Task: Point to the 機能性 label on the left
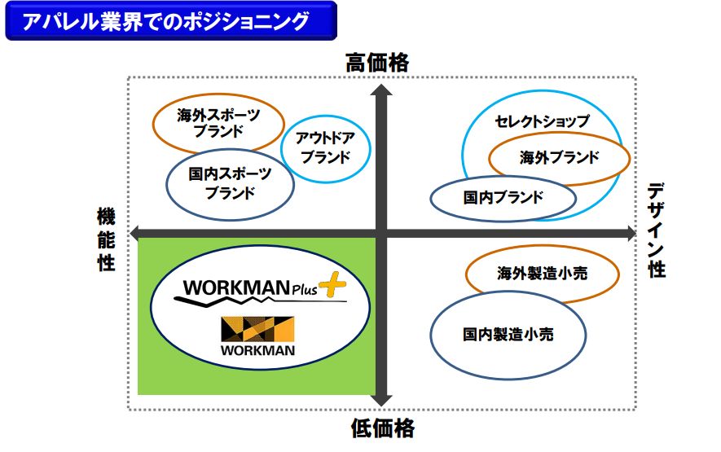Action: pos(106,239)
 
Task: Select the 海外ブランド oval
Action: pos(559,157)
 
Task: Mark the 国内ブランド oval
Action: pos(503,197)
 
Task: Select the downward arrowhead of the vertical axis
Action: pos(379,398)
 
